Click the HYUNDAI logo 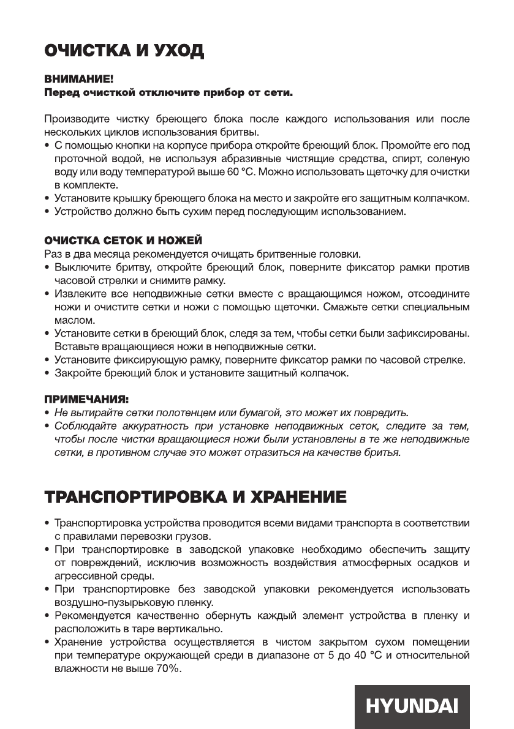pos(412,706)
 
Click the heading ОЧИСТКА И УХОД pos(124,51)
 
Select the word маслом pos(74,320)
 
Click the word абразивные pos(276,158)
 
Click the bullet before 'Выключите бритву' pos(47,268)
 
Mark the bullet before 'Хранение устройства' pos(47,643)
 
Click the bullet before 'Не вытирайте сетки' pos(47,412)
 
